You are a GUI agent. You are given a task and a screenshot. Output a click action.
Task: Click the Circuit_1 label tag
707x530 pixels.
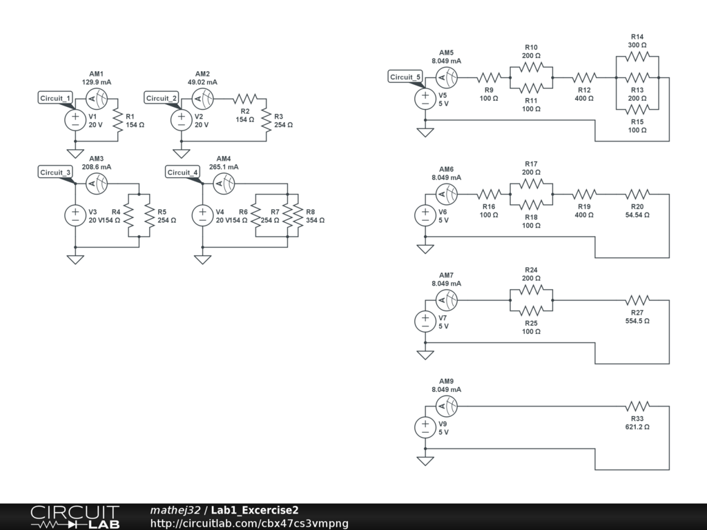pos(56,98)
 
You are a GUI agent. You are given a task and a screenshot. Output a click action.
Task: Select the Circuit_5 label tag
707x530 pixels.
pos(405,77)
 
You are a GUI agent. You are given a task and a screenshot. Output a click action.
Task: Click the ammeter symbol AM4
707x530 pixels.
pos(223,183)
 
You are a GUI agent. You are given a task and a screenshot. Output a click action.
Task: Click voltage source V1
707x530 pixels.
pos(75,120)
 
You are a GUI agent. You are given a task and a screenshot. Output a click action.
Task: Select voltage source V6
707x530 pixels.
pos(425,215)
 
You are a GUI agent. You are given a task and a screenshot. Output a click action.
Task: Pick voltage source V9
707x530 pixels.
pos(425,427)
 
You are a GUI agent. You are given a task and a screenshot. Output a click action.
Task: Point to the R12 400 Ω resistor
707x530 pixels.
pos(584,77)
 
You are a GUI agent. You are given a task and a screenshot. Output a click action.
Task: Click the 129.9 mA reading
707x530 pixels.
pos(96,82)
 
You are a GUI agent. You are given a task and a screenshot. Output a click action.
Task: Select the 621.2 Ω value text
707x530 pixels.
pos(637,427)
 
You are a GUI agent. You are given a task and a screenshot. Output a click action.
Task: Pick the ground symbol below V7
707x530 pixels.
pos(425,354)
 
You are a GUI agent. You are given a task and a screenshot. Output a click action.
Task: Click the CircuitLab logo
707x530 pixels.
pos(75,517)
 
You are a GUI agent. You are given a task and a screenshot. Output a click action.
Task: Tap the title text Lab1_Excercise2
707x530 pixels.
pos(255,510)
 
